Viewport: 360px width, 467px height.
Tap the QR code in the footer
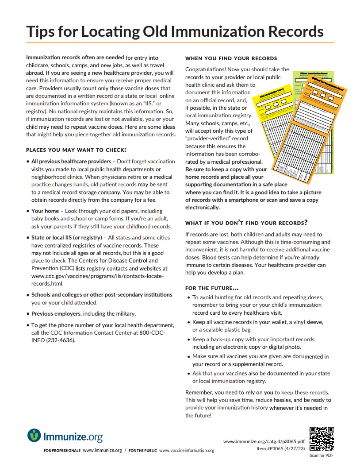click(322, 439)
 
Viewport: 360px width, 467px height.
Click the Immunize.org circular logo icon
click(34, 436)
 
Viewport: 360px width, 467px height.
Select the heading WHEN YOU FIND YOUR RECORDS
click(231, 58)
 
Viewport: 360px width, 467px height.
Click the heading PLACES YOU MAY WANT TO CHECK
click(76, 150)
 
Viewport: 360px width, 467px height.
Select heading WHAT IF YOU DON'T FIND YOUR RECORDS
click(246, 222)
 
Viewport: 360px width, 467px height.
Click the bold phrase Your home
click(45, 211)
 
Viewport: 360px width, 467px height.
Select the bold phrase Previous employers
click(56, 313)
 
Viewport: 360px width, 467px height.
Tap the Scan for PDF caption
click(321, 455)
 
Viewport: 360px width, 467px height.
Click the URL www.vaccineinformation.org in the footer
click(186, 451)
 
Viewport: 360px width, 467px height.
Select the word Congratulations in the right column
click(206, 69)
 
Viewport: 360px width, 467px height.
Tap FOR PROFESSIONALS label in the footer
click(62, 451)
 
